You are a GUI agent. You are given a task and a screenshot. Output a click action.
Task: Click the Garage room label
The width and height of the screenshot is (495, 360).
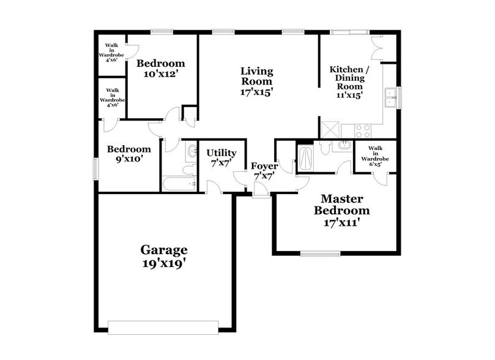164,257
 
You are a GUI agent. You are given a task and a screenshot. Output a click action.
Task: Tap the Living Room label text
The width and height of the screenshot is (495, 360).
256,81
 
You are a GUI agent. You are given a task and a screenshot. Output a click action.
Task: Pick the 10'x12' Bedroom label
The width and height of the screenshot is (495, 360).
160,68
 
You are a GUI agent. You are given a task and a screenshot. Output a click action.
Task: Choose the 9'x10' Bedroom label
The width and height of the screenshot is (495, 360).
129,154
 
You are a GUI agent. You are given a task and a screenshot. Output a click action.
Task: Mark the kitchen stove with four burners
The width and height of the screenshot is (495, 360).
362,130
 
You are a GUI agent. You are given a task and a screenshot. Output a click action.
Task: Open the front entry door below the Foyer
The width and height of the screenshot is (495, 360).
261,194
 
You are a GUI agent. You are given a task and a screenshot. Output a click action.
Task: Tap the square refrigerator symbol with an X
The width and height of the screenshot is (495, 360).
331,130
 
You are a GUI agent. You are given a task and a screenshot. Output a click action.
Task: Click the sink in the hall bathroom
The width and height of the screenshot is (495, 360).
192,151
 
